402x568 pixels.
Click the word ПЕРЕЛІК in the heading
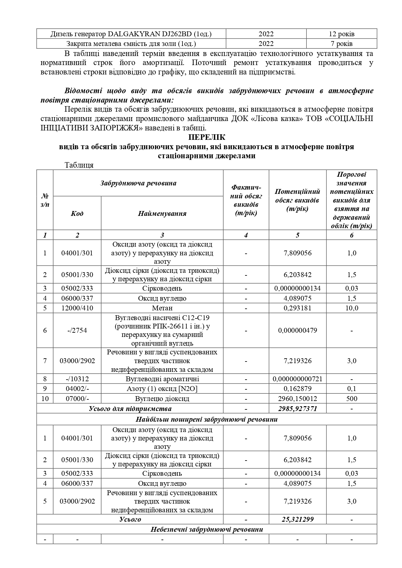[x=207, y=137]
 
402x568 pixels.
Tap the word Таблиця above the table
[x=79, y=165]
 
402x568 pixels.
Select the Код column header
[x=77, y=213]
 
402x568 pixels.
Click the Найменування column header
[x=162, y=213]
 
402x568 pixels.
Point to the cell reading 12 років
[x=342, y=34]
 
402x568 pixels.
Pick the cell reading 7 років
[x=342, y=44]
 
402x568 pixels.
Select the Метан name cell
[x=162, y=308]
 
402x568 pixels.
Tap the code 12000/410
[x=77, y=308]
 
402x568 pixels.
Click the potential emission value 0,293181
[x=297, y=308]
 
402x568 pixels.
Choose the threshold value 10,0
[x=351, y=308]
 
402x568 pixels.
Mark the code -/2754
[x=77, y=330]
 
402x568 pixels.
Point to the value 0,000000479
[x=297, y=330]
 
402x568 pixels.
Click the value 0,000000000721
[x=297, y=379]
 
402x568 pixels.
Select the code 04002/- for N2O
[x=77, y=389]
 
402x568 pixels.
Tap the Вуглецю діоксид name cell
[x=162, y=399]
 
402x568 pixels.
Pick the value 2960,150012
[x=297, y=399]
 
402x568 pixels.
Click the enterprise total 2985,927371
[x=297, y=409]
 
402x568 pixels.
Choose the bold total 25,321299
[x=297, y=519]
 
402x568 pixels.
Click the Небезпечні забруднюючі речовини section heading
[x=207, y=529]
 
